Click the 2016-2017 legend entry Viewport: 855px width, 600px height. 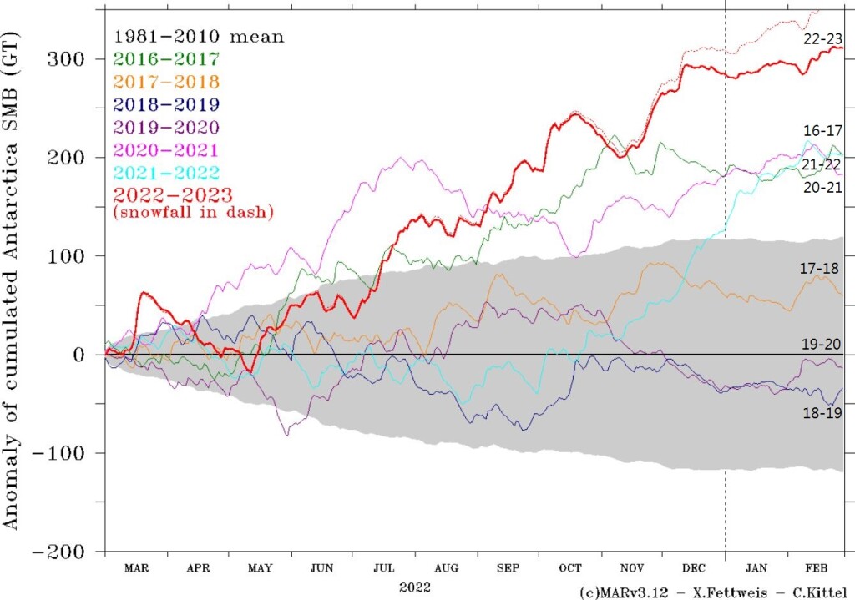[x=165, y=59]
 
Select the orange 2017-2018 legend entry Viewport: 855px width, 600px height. [x=165, y=82]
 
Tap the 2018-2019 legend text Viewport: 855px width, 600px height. [x=165, y=104]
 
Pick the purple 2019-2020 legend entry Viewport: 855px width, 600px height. [x=165, y=127]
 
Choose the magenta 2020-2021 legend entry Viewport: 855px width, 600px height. [x=165, y=149]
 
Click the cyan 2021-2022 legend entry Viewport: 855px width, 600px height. [x=165, y=172]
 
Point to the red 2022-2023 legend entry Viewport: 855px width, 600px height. [x=165, y=194]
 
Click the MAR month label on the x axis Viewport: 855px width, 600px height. [x=136, y=567]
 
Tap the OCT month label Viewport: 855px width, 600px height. [x=569, y=567]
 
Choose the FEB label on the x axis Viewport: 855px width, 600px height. [x=817, y=567]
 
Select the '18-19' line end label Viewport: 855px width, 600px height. [x=819, y=412]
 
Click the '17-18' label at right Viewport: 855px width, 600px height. [x=819, y=268]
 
